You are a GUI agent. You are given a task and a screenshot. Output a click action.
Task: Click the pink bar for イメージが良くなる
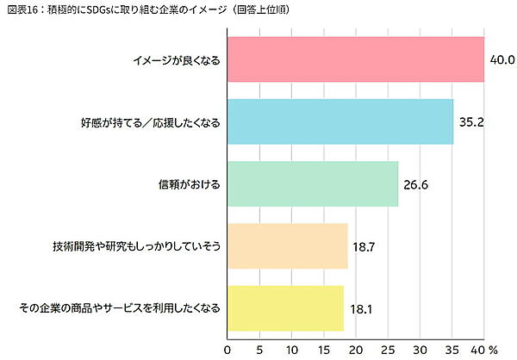click(x=355, y=59)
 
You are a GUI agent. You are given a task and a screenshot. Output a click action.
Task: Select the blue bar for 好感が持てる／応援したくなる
click(x=339, y=121)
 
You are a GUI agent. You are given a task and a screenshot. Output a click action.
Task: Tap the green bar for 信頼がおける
click(x=312, y=183)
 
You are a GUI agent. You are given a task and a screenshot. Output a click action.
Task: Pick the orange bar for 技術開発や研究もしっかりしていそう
click(x=287, y=245)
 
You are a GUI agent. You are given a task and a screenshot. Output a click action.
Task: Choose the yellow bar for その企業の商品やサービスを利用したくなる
click(x=285, y=307)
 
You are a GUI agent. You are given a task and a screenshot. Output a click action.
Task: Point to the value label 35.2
click(x=470, y=121)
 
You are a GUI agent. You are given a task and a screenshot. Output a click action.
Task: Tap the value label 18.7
click(x=364, y=245)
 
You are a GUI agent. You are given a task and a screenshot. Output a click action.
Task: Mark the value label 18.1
click(x=360, y=307)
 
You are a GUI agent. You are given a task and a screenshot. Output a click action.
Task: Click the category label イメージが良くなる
click(x=177, y=59)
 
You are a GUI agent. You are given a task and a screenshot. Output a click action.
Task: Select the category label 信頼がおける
click(x=190, y=183)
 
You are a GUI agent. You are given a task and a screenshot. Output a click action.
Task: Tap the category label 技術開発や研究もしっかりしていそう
click(x=138, y=245)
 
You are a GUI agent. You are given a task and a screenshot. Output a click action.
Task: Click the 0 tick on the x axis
click(x=227, y=350)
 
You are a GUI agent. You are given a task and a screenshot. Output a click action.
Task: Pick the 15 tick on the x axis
click(x=323, y=350)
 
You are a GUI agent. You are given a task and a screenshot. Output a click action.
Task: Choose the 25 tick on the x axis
click(x=388, y=350)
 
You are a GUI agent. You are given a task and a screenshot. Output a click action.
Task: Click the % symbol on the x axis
click(x=494, y=350)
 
